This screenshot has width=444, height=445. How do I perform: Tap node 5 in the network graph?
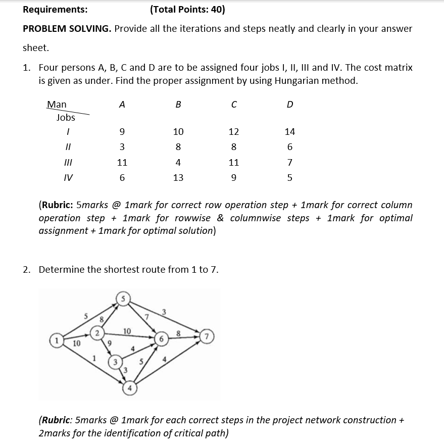pyautogui.click(x=123, y=298)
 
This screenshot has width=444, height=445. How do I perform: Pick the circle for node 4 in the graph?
pyautogui.click(x=130, y=389)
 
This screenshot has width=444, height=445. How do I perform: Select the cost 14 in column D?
pyautogui.click(x=289, y=132)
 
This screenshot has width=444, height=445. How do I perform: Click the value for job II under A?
pyautogui.click(x=122, y=147)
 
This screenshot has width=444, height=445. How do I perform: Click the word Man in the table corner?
pyautogui.click(x=57, y=105)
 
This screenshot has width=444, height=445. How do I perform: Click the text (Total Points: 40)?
pyautogui.click(x=187, y=10)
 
